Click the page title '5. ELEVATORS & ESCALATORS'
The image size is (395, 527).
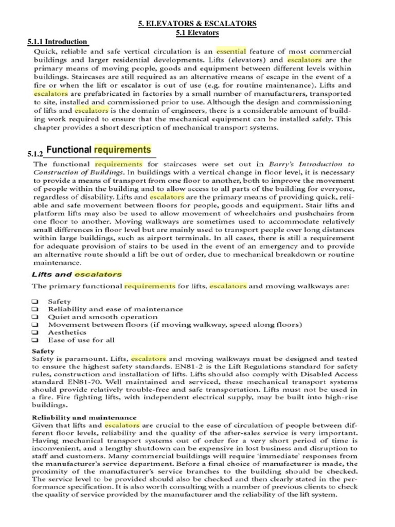pyautogui.click(x=197, y=24)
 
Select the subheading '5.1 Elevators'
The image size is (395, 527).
pyautogui.click(x=197, y=33)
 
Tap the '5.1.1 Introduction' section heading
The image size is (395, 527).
pyautogui.click(x=58, y=42)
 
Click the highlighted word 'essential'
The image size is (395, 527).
pyautogui.click(x=231, y=51)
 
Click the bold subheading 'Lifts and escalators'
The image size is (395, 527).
pyautogui.click(x=77, y=274)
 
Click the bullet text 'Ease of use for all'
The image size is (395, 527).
pyautogui.click(x=81, y=340)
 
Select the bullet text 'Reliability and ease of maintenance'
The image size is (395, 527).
pyautogui.click(x=115, y=309)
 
